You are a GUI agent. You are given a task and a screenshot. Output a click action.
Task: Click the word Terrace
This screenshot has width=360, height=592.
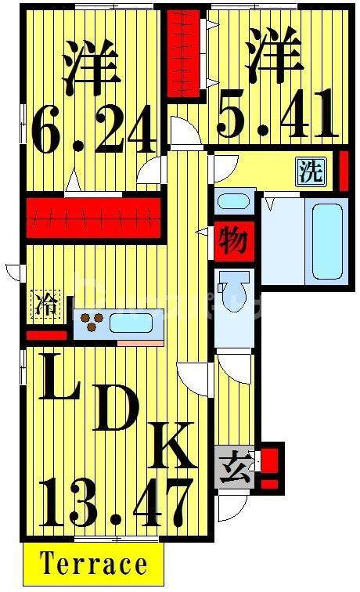coord(93,564)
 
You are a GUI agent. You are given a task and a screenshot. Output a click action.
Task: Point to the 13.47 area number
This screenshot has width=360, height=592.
coord(115,501)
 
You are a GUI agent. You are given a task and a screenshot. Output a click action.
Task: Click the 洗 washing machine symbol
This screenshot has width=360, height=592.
coord(310,171)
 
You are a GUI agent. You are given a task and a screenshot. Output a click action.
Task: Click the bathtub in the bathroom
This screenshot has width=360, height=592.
coord(327,241)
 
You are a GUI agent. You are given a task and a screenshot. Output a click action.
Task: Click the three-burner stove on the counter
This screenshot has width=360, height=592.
coord(92,322)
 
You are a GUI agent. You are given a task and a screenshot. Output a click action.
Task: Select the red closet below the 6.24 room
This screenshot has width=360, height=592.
coord(93,217)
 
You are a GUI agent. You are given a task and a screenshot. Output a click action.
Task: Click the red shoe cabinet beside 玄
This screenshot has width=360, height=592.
coord(270,467)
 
